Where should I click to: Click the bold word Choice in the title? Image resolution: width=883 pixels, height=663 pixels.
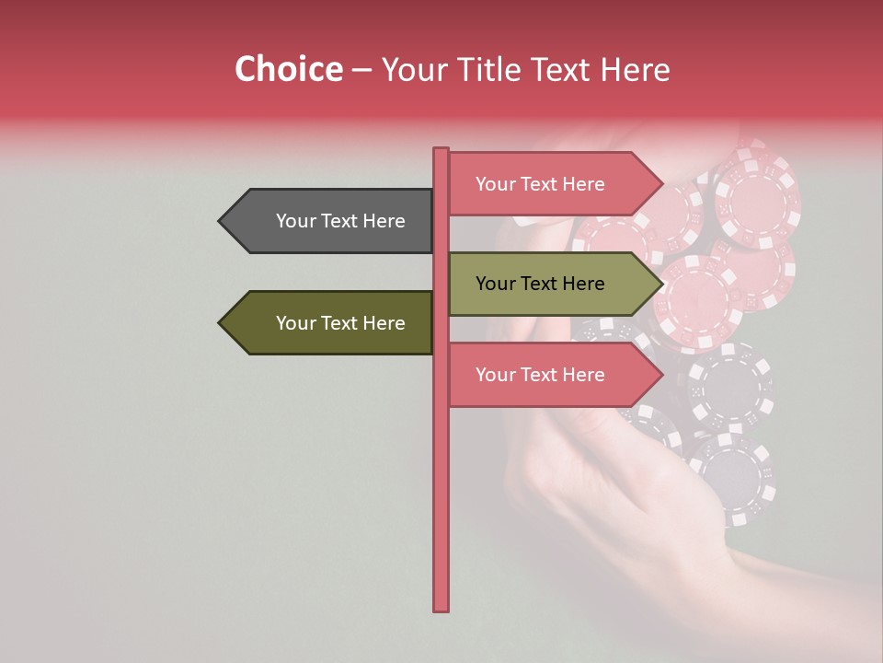(288, 69)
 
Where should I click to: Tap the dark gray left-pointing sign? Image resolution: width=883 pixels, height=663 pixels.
(331, 221)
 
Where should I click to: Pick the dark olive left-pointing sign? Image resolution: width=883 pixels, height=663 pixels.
(331, 323)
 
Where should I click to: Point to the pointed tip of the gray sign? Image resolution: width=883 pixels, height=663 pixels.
(221, 221)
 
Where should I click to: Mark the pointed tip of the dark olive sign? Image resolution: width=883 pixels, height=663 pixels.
(221, 323)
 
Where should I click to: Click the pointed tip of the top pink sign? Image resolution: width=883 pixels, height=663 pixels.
(661, 184)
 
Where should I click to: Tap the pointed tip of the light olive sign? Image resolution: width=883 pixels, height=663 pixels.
(661, 284)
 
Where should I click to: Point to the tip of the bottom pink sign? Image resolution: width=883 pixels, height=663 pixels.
(661, 375)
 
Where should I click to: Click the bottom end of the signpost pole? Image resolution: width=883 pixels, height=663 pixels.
(441, 608)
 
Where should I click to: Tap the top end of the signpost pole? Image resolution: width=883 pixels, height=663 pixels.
(441, 151)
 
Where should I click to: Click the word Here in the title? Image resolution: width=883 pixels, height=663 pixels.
(634, 69)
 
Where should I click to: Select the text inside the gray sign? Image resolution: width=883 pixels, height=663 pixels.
(340, 221)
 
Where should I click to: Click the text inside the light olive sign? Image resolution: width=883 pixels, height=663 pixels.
(540, 284)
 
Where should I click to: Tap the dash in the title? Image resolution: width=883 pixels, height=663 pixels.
(361, 71)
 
